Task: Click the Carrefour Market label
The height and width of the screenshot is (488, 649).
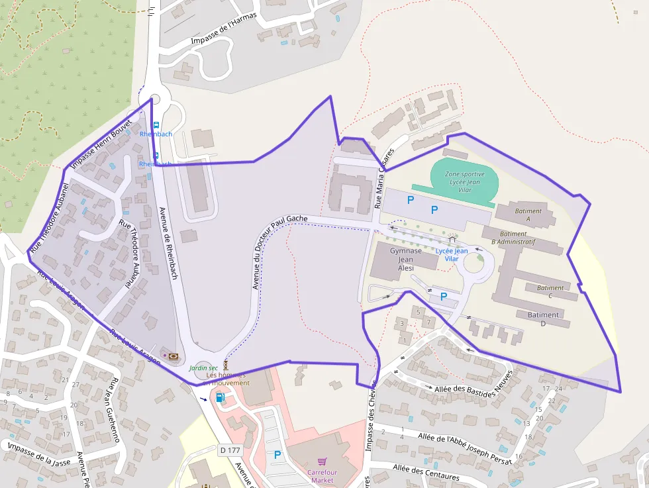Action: click(322, 476)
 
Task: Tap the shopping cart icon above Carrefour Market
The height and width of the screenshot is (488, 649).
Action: click(323, 461)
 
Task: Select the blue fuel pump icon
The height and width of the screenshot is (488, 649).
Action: click(220, 397)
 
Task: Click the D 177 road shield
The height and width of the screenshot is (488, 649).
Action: click(229, 450)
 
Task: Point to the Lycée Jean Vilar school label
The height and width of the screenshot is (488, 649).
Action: click(452, 254)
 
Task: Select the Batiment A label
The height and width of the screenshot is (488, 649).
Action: click(528, 215)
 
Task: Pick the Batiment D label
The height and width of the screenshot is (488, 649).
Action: click(543, 318)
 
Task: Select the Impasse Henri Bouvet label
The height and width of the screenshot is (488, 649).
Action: click(101, 143)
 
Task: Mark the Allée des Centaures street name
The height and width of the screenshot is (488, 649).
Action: click(426, 472)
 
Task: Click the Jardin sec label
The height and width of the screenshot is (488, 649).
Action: click(203, 367)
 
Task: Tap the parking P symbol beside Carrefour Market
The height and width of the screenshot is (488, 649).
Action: click(277, 455)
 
